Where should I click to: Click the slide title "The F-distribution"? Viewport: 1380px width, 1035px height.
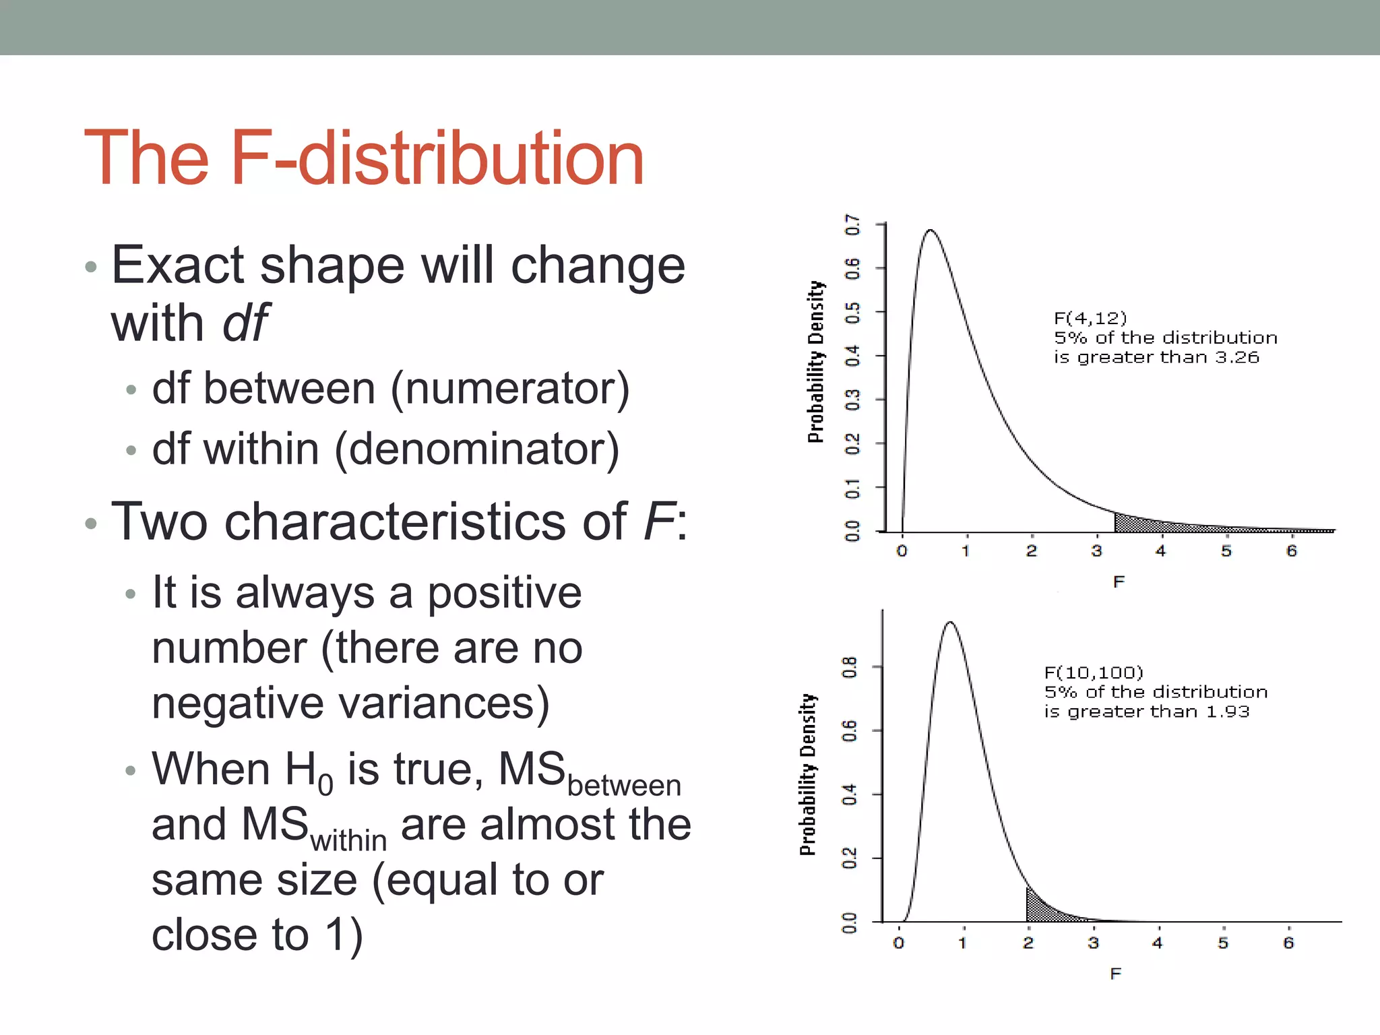coord(364,158)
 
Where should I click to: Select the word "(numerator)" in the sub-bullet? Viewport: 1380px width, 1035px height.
coord(510,389)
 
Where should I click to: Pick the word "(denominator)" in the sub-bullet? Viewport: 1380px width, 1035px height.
coord(476,449)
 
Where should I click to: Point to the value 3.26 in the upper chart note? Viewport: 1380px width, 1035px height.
coord(1237,357)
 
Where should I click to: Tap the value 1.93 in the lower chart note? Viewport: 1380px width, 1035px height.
coord(1228,712)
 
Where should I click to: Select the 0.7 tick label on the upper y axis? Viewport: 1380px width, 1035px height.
coord(852,225)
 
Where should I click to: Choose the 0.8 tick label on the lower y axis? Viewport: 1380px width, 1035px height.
coord(849,667)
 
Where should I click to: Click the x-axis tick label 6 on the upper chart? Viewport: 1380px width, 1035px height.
coord(1291,551)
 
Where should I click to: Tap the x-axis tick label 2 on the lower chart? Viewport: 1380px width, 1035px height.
coord(1028,943)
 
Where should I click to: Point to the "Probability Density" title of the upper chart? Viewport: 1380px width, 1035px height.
coord(816,362)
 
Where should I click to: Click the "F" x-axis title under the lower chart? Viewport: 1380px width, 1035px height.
coord(1116,974)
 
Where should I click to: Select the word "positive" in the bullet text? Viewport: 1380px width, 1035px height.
coord(505,593)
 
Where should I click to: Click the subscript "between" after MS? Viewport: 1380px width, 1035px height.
coord(624,786)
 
